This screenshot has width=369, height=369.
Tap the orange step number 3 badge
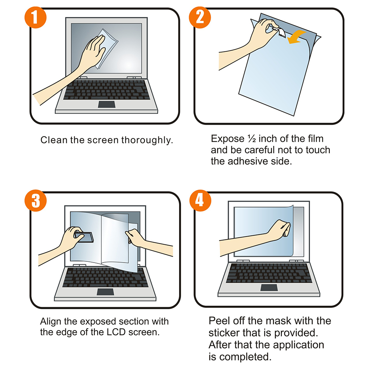(x=36, y=201)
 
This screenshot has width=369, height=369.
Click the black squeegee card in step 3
(x=84, y=236)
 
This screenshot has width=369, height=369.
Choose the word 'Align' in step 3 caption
(x=51, y=322)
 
